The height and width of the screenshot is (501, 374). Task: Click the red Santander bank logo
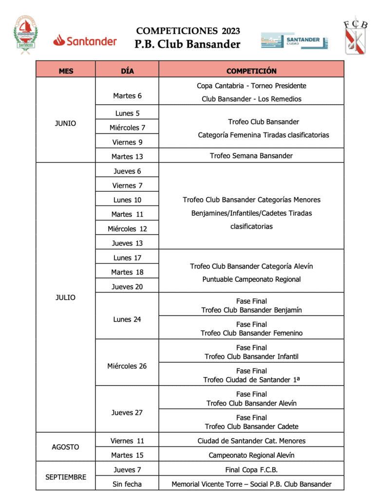tap(85, 41)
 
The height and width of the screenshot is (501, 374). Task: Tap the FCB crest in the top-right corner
tap(356, 35)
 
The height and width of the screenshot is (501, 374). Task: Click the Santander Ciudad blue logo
tap(294, 41)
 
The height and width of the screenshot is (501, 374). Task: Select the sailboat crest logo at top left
tap(24, 35)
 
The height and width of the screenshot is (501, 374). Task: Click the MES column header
tap(66, 71)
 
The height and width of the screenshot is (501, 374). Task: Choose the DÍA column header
tap(127, 71)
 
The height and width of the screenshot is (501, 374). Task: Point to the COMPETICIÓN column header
tap(251, 71)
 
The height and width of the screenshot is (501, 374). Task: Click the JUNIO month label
tap(66, 123)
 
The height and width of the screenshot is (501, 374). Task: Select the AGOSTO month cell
tap(66, 447)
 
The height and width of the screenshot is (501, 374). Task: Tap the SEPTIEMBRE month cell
tap(66, 477)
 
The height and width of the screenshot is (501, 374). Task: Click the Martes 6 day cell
tap(127, 96)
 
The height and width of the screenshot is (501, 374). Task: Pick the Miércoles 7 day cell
tap(127, 128)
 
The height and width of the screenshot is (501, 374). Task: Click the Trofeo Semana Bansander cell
tap(251, 156)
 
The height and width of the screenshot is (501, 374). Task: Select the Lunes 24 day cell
tap(127, 319)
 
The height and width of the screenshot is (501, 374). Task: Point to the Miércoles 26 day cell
tap(127, 366)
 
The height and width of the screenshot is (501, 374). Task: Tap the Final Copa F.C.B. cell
tap(251, 470)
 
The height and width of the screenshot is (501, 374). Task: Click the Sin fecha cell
tap(127, 484)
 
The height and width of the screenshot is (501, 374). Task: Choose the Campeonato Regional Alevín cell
tap(251, 455)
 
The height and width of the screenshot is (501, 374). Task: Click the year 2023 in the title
tap(231, 31)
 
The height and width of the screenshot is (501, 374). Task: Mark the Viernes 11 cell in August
tap(127, 441)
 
